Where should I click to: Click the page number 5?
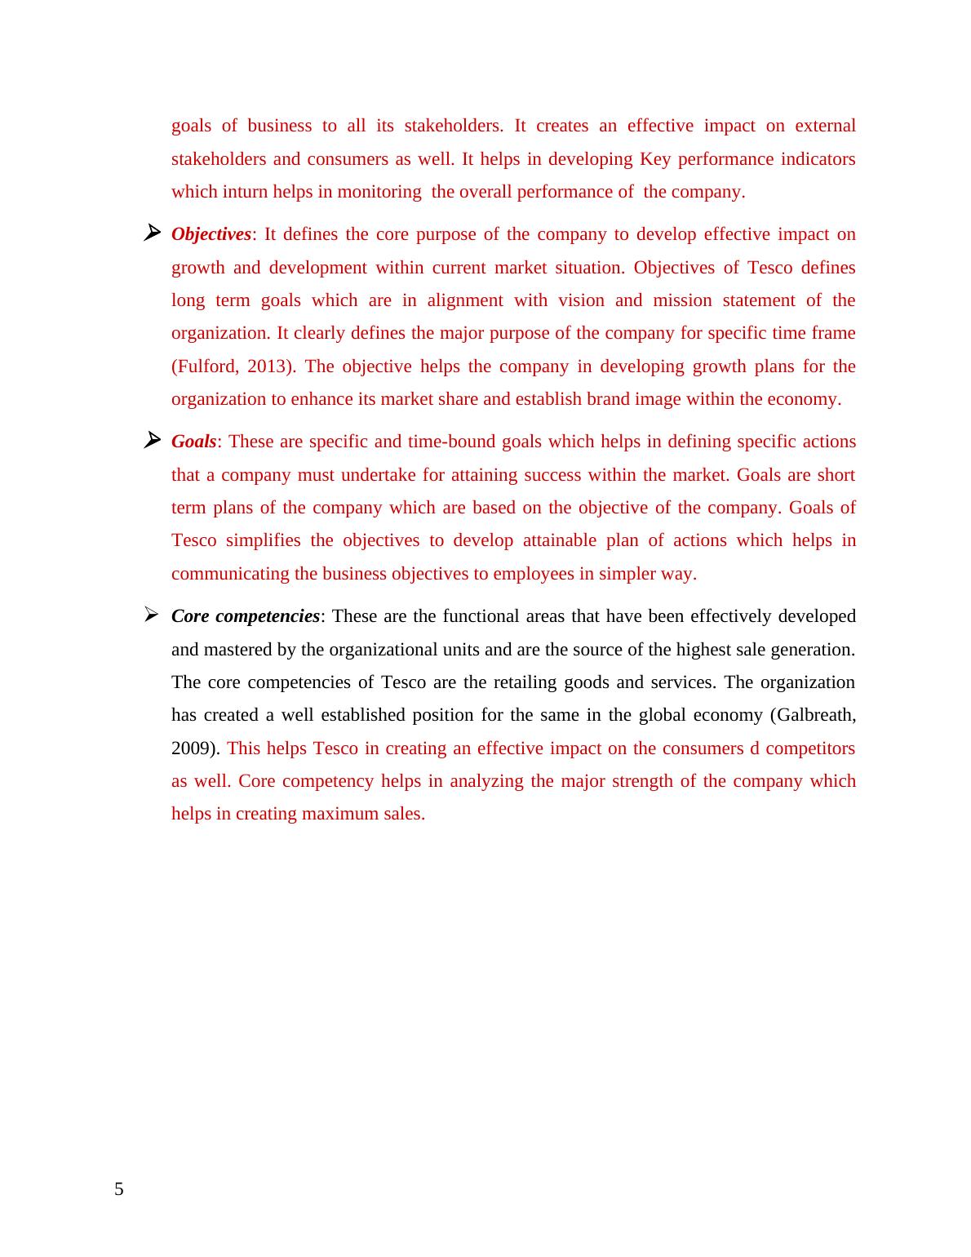119,1189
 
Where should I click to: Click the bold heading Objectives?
211,234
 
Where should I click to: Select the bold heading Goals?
193,442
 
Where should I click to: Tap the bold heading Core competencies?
245,616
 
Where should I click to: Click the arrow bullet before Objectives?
151,233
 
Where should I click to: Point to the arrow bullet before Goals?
151,441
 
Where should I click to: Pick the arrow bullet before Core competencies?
151,615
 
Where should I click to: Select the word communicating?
230,574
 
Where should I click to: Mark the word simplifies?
264,540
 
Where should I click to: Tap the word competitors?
810,748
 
